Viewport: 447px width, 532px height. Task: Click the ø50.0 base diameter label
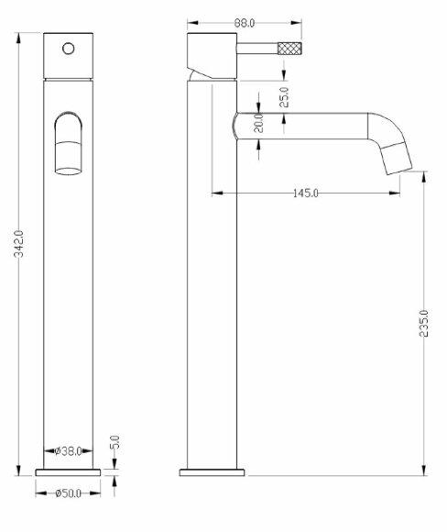tap(70, 494)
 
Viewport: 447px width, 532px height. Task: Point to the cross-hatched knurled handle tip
tap(289, 48)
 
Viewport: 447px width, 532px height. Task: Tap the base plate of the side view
tap(213, 471)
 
